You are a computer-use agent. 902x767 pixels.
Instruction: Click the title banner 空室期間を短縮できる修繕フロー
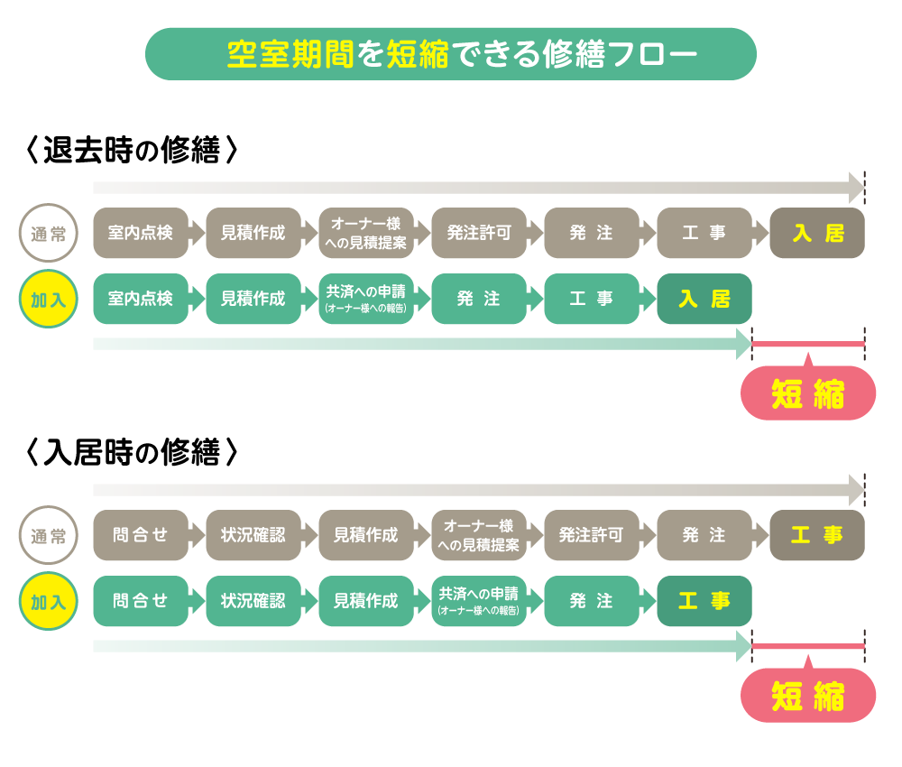[450, 54]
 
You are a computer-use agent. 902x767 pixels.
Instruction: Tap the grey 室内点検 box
[141, 233]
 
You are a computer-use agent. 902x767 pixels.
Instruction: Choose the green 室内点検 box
[141, 299]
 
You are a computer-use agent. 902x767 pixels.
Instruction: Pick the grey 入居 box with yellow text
[817, 233]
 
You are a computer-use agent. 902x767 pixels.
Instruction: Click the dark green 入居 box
[704, 299]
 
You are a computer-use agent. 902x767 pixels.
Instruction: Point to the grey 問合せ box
[141, 535]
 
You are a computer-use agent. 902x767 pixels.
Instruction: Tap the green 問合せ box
[141, 601]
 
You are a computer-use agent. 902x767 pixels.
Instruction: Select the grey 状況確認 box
[253, 535]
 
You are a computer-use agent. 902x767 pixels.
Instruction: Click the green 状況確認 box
[253, 601]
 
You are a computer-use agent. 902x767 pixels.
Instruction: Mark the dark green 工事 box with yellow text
[704, 601]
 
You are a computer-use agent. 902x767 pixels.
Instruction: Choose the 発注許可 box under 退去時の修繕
[479, 233]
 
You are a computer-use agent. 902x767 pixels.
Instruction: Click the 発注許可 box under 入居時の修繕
[592, 535]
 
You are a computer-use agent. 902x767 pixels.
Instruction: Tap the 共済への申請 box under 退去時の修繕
[366, 299]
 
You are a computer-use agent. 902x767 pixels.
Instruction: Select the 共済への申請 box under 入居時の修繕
[479, 601]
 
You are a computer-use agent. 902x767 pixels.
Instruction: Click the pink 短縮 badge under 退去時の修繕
[808, 394]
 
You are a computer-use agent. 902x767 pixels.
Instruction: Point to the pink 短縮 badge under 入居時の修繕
[808, 697]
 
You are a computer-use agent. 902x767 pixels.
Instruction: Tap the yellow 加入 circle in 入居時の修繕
[49, 601]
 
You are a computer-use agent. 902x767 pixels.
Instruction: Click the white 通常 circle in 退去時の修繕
[49, 234]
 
